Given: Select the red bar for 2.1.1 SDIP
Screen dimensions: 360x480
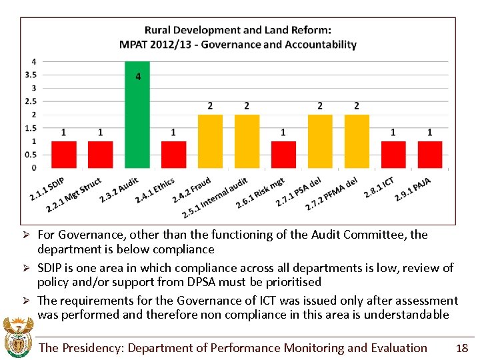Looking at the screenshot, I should point(64,154).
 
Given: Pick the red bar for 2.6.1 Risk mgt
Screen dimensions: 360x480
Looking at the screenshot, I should point(283,154).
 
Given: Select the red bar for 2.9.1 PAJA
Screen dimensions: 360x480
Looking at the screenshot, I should point(430,154).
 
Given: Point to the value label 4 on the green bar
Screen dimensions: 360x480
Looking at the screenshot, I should point(138,77).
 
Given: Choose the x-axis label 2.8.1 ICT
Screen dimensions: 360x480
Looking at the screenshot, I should point(379,188).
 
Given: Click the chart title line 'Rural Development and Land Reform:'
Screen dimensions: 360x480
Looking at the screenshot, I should point(238,30).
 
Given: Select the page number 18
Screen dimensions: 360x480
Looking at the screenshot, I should point(461,347).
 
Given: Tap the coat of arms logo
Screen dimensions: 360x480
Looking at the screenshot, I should point(17,338).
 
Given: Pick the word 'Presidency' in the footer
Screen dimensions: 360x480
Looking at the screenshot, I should point(93,348).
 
